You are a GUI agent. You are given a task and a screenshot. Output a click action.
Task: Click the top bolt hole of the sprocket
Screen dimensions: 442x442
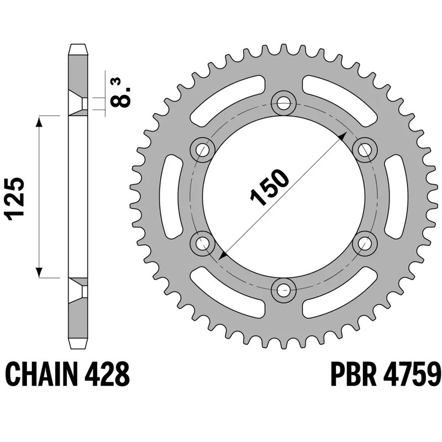coord(284,102)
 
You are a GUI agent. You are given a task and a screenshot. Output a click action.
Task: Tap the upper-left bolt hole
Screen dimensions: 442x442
coord(203,149)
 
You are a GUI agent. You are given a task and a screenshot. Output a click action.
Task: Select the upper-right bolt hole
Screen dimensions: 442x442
coord(365,149)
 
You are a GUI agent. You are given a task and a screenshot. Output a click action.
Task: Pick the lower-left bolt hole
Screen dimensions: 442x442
coord(203,242)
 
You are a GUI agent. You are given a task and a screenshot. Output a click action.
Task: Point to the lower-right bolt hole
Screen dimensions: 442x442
coord(365,242)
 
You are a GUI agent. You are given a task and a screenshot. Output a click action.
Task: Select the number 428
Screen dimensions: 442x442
coord(108,376)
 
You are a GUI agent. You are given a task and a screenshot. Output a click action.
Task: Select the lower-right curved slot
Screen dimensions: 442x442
coord(341,293)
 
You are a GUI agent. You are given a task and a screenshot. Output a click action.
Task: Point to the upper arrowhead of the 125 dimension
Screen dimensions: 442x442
coord(39,120)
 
